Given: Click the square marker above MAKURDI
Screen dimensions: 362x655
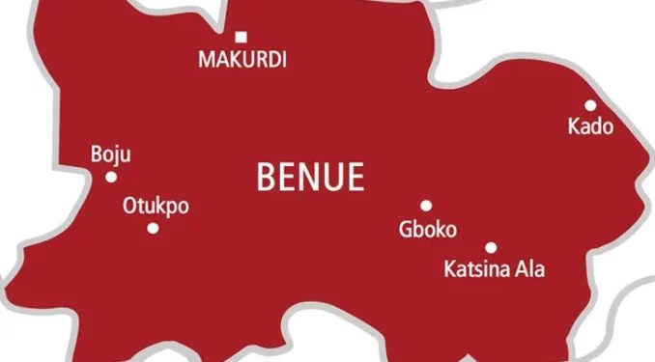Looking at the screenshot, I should [x=241, y=38].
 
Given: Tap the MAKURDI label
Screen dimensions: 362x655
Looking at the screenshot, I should [x=242, y=61].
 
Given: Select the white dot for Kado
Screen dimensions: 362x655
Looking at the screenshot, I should [x=590, y=105].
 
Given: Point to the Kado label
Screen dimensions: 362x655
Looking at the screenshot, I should [x=591, y=126].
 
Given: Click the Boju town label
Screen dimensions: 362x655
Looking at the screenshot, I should [x=110, y=154].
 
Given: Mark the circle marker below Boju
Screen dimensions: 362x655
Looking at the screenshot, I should [x=111, y=177].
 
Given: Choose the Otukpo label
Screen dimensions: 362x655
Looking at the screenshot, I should [x=156, y=206].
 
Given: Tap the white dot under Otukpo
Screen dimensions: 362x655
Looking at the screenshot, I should [x=153, y=228].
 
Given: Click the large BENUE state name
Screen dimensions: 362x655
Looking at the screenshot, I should [x=310, y=178].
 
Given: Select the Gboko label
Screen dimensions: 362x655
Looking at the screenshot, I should [x=427, y=230].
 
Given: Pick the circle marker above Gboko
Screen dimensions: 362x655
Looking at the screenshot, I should [x=425, y=205].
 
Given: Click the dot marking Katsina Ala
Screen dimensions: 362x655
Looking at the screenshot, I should [x=491, y=247].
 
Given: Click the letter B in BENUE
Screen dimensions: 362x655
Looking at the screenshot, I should [x=266, y=178].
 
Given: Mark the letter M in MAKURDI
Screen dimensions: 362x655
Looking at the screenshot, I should [x=206, y=61].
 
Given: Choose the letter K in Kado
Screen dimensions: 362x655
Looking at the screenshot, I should [x=574, y=126].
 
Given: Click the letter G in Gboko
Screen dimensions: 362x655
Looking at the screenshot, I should [x=406, y=230].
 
